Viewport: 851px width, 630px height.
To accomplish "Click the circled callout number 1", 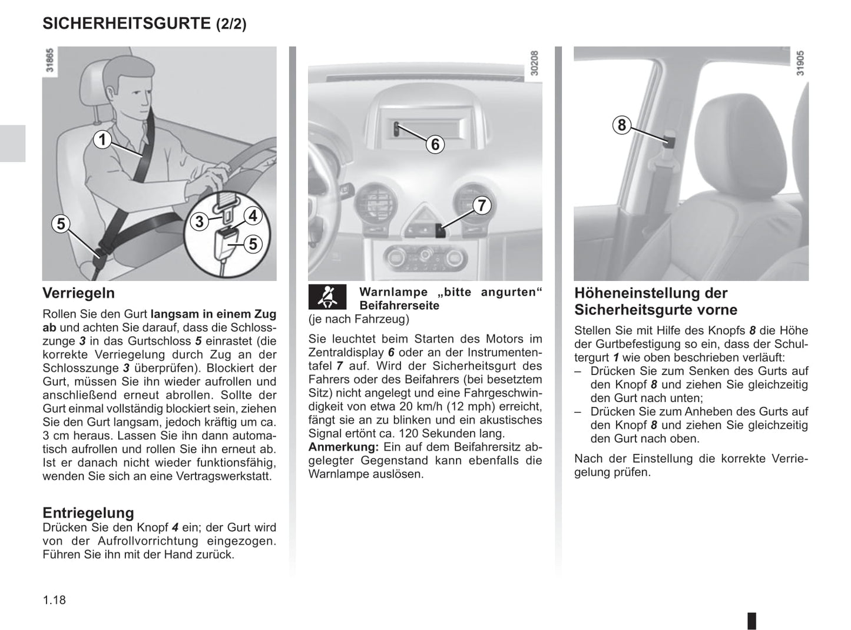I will [x=102, y=140].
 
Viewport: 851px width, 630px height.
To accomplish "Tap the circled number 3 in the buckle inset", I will [x=200, y=221].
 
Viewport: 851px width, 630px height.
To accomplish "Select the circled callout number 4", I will [x=253, y=216].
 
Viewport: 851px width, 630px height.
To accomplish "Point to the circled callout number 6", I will [x=435, y=144].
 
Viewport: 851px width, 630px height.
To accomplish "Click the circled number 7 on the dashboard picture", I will [x=482, y=205].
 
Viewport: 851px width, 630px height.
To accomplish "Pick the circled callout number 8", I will [x=621, y=125].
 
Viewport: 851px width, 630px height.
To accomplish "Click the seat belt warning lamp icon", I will [x=328, y=297].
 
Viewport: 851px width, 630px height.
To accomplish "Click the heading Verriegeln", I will [x=78, y=293].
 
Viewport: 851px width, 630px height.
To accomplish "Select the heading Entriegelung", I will [x=88, y=512].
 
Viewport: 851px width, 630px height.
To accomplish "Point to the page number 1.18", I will [x=54, y=600].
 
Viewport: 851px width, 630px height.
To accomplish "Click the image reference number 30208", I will [x=534, y=63].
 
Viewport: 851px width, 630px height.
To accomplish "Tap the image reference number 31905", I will [x=800, y=63].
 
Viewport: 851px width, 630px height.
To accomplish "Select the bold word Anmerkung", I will [x=343, y=447].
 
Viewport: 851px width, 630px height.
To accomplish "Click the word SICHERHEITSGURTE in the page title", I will [x=127, y=24].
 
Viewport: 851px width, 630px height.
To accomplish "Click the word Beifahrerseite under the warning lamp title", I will [x=399, y=306].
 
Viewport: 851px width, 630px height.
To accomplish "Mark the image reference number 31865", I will [x=50, y=61].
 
